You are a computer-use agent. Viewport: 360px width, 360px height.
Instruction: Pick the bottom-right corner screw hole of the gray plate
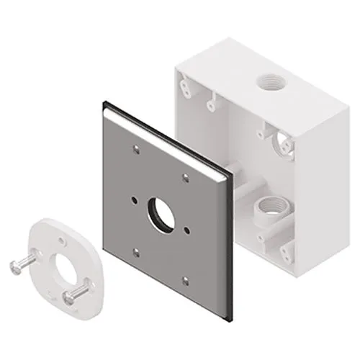pos(185,279)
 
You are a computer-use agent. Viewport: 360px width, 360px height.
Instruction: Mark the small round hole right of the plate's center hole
pos(186,230)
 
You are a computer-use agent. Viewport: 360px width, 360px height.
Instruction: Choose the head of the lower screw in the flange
pos(69,297)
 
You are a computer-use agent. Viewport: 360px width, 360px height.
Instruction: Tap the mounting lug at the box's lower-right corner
pos(287,251)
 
